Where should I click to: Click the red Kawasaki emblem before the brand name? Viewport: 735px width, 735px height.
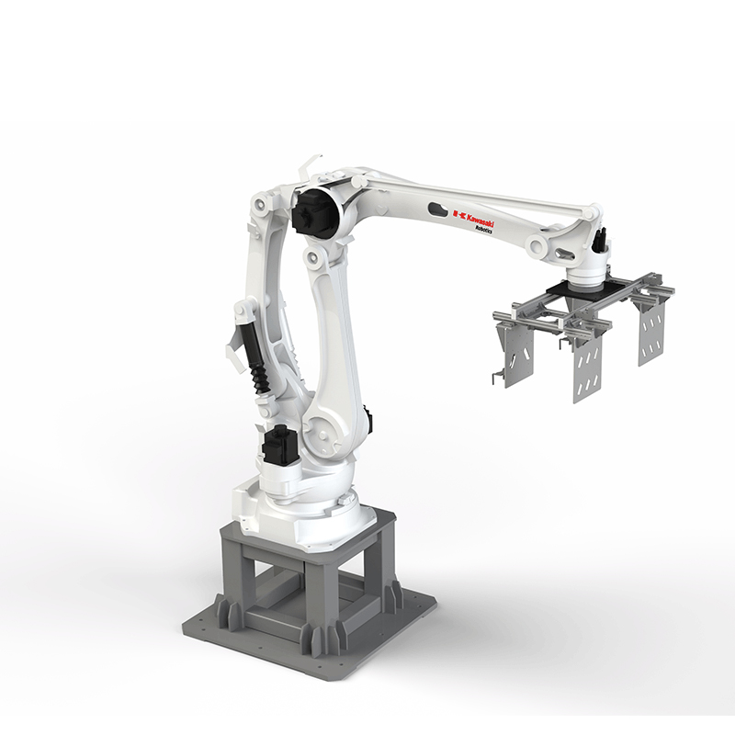(x=458, y=215)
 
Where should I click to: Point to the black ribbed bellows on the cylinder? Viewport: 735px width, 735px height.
(x=257, y=379)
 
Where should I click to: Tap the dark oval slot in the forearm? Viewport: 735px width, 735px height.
(x=438, y=209)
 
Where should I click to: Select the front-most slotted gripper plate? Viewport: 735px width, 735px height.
(x=587, y=369)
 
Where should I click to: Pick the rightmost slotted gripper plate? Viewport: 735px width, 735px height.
(x=651, y=334)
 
